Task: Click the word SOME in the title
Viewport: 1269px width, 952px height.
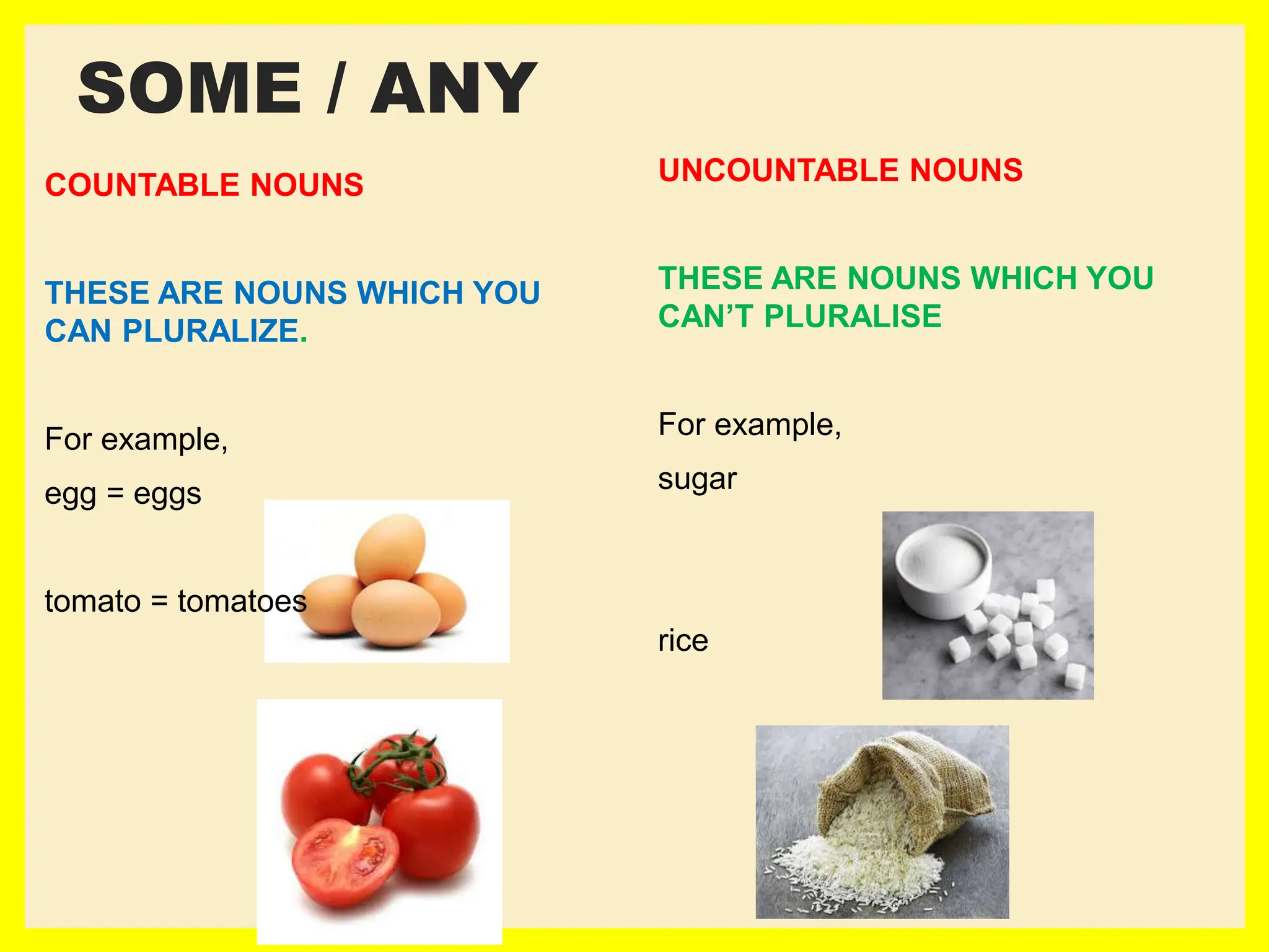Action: coord(190,89)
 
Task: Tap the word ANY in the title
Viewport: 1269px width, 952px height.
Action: coord(454,89)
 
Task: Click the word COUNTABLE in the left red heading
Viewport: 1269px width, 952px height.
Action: coord(142,185)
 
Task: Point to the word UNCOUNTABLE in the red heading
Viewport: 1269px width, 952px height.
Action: coord(778,170)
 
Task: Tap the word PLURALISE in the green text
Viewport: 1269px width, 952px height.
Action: coord(853,316)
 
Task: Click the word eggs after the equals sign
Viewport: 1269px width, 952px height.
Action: coord(167,494)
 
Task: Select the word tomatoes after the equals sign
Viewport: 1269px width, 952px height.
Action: coord(242,601)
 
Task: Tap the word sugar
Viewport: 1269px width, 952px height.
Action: coord(697,479)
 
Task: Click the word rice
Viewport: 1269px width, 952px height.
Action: coord(683,640)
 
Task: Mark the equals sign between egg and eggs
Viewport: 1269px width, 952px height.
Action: coord(115,494)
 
